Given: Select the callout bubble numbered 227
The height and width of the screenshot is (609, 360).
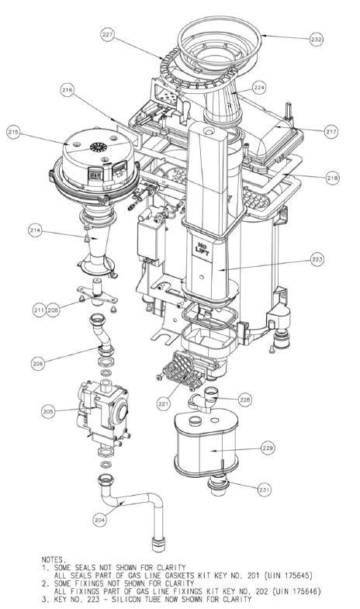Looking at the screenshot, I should click(107, 34).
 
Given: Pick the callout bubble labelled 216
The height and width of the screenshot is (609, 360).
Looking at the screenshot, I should click(67, 91).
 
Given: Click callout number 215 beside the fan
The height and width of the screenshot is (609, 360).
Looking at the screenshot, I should click(13, 133).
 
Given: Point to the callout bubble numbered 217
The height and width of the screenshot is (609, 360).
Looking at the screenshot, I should click(331, 132).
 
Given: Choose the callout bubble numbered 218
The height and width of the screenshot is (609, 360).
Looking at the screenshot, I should click(332, 178).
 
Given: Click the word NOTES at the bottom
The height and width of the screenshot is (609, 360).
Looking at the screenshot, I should click(55, 557).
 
